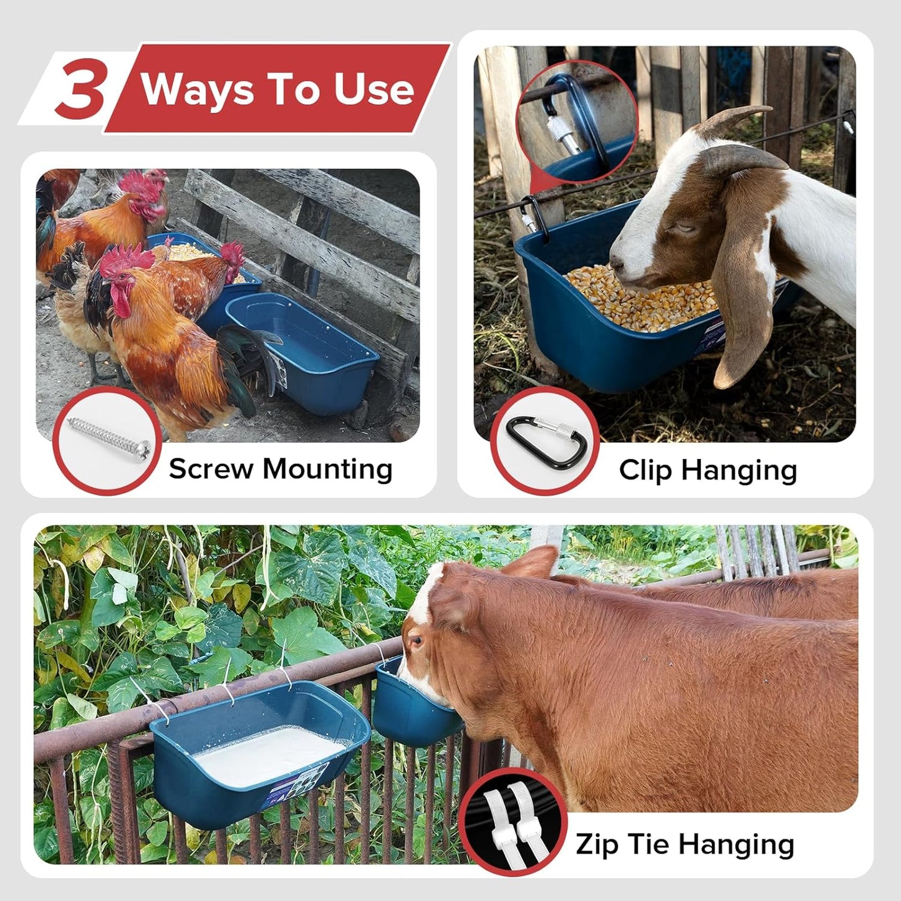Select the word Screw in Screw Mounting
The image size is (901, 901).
[210, 469]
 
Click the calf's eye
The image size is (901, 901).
[416, 640]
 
